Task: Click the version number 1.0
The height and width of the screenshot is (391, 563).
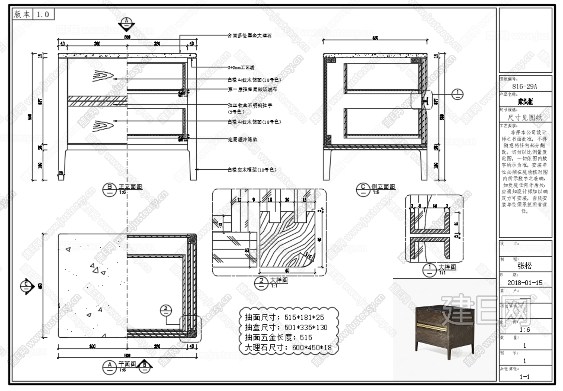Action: tap(43, 14)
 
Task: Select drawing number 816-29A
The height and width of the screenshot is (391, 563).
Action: tap(524, 86)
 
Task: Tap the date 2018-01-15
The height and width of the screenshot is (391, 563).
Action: tap(525, 283)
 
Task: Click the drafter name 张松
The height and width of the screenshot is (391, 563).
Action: tap(524, 266)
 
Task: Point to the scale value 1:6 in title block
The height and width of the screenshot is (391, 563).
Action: tap(525, 330)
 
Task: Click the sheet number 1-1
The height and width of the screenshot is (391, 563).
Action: tap(525, 377)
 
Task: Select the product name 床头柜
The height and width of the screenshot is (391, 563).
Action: tap(525, 102)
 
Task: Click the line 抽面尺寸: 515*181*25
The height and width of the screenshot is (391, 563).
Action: tap(284, 317)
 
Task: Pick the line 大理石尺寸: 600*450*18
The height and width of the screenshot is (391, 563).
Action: tap(288, 348)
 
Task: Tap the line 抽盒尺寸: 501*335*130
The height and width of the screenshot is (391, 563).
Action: tap(286, 327)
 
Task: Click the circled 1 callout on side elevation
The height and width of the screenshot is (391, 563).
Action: tap(457, 94)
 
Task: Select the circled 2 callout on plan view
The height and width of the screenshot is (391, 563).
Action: tap(166, 310)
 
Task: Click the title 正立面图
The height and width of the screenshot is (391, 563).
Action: tap(130, 187)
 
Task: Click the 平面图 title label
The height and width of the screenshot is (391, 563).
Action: tap(127, 364)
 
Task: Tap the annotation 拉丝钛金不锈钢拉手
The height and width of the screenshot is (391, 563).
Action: tap(250, 105)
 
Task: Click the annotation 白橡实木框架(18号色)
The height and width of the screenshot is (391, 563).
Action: tap(252, 170)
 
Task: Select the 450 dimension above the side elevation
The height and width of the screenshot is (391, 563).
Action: tap(375, 38)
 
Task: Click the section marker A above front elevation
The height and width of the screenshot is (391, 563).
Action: tap(126, 22)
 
